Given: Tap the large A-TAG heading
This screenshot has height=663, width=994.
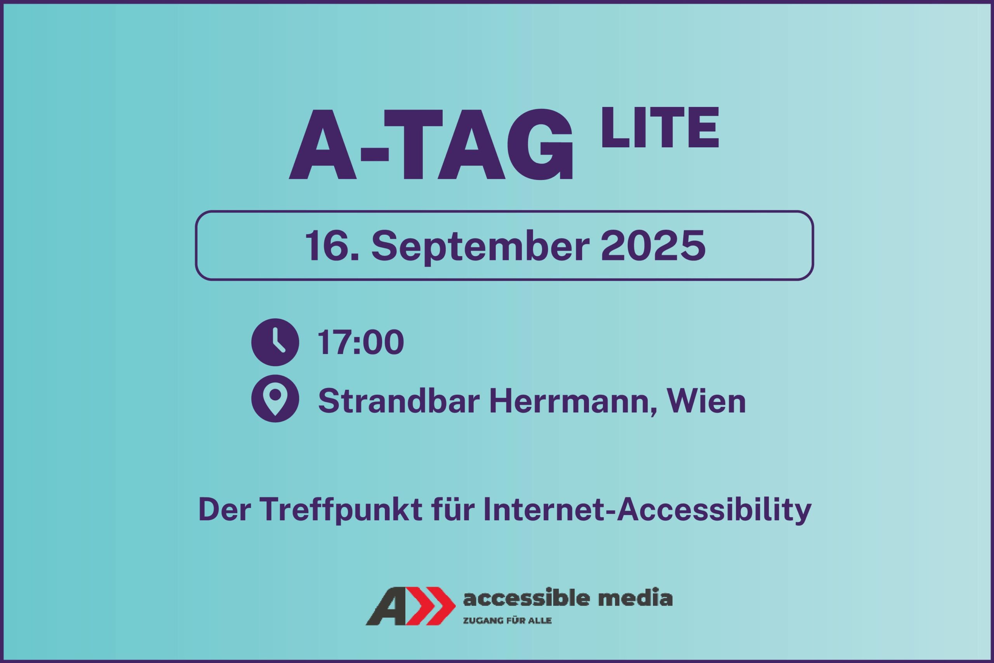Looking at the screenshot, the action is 431,145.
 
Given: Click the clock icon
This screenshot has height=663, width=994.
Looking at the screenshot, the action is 275,342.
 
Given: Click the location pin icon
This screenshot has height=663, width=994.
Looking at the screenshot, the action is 275,398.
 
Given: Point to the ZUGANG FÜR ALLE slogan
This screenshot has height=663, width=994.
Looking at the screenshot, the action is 507,621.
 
